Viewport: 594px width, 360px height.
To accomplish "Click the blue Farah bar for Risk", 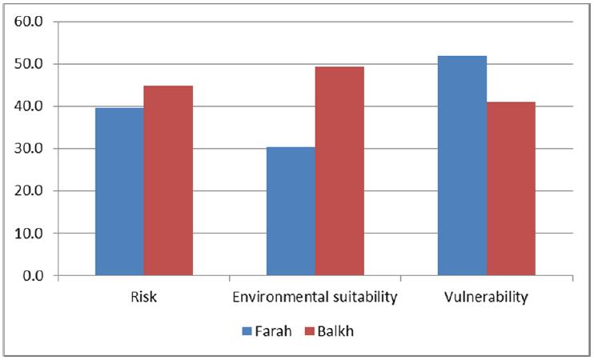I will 119,192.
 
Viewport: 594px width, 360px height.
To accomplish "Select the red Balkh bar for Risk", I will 168,181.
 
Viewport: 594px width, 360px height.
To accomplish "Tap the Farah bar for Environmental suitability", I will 291,211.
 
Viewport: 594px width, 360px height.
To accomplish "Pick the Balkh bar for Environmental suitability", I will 339,171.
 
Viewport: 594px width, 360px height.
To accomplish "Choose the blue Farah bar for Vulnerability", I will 462,166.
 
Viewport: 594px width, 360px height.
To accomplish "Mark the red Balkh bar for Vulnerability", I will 511,189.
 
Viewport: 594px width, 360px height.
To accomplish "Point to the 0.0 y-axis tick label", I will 31,276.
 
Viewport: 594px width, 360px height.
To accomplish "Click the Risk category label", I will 144,298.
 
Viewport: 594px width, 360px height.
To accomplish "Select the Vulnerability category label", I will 486,298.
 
